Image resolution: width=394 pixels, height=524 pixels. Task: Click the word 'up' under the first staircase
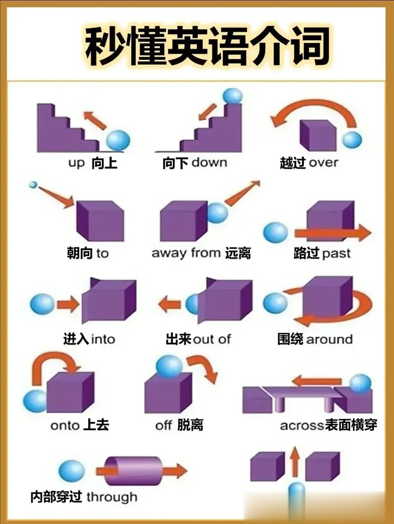[x=76, y=163]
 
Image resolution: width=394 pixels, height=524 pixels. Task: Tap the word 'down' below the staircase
[x=209, y=162]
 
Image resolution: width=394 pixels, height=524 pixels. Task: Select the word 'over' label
[x=323, y=162]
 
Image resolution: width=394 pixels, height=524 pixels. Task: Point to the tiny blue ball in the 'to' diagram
[x=33, y=184]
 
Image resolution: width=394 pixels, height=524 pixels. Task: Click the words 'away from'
[x=186, y=253]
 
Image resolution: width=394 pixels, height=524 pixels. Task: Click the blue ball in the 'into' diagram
[x=42, y=304]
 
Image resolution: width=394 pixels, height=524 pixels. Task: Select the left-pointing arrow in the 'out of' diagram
[x=170, y=304]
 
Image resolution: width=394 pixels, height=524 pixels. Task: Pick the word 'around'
[x=329, y=339]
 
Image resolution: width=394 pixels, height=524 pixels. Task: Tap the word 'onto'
[x=65, y=426]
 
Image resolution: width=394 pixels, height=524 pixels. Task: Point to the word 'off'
[x=163, y=426]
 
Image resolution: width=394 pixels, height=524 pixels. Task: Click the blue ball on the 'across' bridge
[x=360, y=383]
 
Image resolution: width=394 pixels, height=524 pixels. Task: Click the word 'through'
[x=112, y=497]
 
